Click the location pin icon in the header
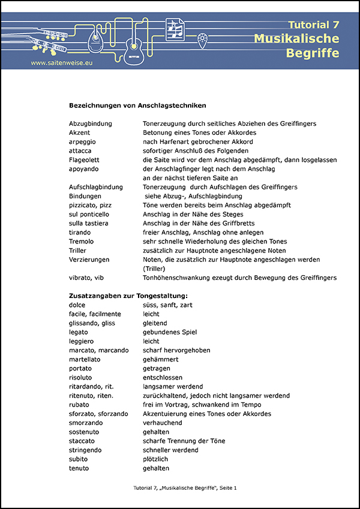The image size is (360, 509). click(203, 40)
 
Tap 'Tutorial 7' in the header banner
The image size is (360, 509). click(313, 25)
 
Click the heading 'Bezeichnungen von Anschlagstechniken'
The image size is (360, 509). click(137, 105)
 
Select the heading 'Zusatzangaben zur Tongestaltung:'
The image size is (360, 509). click(128, 296)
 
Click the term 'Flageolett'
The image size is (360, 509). click(86, 159)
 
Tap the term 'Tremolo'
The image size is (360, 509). click(82, 241)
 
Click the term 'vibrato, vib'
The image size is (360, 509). click(88, 278)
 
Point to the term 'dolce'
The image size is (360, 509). click(77, 305)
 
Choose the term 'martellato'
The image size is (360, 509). click(85, 359)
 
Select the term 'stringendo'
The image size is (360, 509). click(85, 450)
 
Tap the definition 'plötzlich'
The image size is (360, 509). click(156, 459)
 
